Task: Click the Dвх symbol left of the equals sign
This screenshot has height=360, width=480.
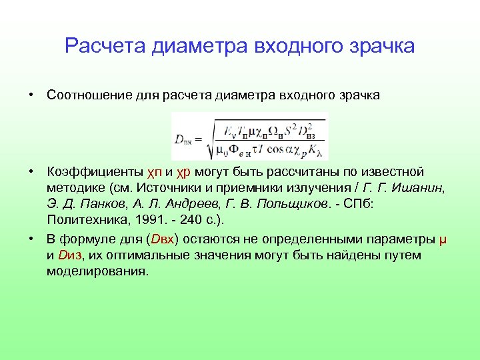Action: (185, 139)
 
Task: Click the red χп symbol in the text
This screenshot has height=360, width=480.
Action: (154, 172)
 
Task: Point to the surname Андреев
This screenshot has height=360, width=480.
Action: (197, 205)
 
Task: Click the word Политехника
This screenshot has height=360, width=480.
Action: (85, 221)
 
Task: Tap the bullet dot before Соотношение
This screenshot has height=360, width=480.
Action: (32, 95)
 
